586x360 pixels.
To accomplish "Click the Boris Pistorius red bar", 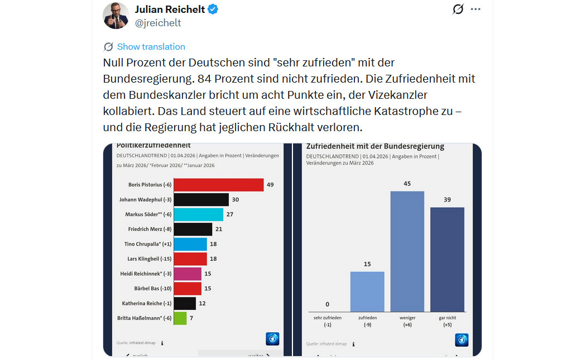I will point(218,185).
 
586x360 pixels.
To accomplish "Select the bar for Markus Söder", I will point(198,214).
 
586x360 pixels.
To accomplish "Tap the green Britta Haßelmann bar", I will point(180,318).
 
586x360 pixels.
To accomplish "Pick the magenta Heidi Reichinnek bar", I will point(188,273).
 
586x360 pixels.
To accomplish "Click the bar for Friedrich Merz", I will point(193,229).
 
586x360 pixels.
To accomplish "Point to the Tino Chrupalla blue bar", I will point(190,244).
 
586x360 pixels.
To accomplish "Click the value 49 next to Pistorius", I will point(270,185).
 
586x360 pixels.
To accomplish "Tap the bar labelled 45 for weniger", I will point(407,251).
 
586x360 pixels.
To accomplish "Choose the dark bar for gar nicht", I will point(447,260).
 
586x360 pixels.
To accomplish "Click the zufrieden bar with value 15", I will point(367,291).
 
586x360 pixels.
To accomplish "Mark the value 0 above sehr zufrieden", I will point(327,304).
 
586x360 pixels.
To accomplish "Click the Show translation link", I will point(151,47).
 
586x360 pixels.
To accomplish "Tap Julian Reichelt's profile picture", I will point(116,16).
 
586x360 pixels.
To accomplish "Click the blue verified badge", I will point(213,9).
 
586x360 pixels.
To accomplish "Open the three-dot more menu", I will point(475,9).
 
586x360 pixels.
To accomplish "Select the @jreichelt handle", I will point(158,23).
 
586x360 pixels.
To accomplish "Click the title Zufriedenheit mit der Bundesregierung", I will point(375,146).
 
